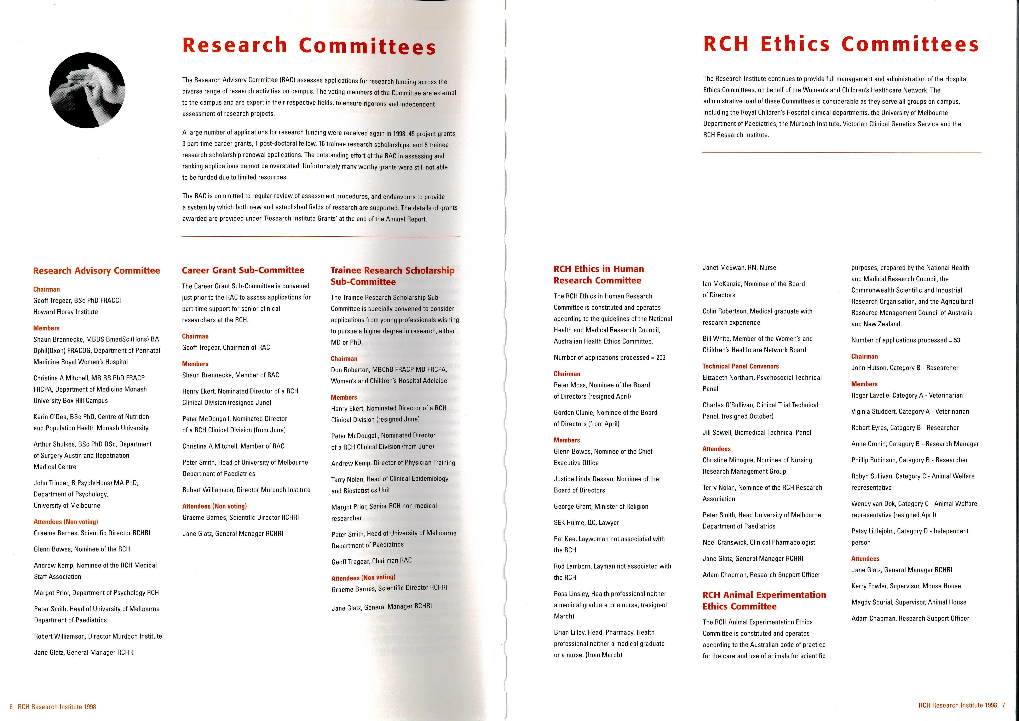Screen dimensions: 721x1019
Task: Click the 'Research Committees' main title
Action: click(x=309, y=46)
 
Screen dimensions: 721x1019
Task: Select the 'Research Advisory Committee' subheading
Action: click(x=96, y=271)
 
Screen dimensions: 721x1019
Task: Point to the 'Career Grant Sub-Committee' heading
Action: click(x=243, y=270)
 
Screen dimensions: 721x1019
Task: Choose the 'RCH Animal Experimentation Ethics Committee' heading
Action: click(x=764, y=600)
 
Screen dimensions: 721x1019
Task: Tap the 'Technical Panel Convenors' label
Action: click(x=740, y=366)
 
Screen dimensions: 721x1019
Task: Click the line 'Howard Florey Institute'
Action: click(x=66, y=312)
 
